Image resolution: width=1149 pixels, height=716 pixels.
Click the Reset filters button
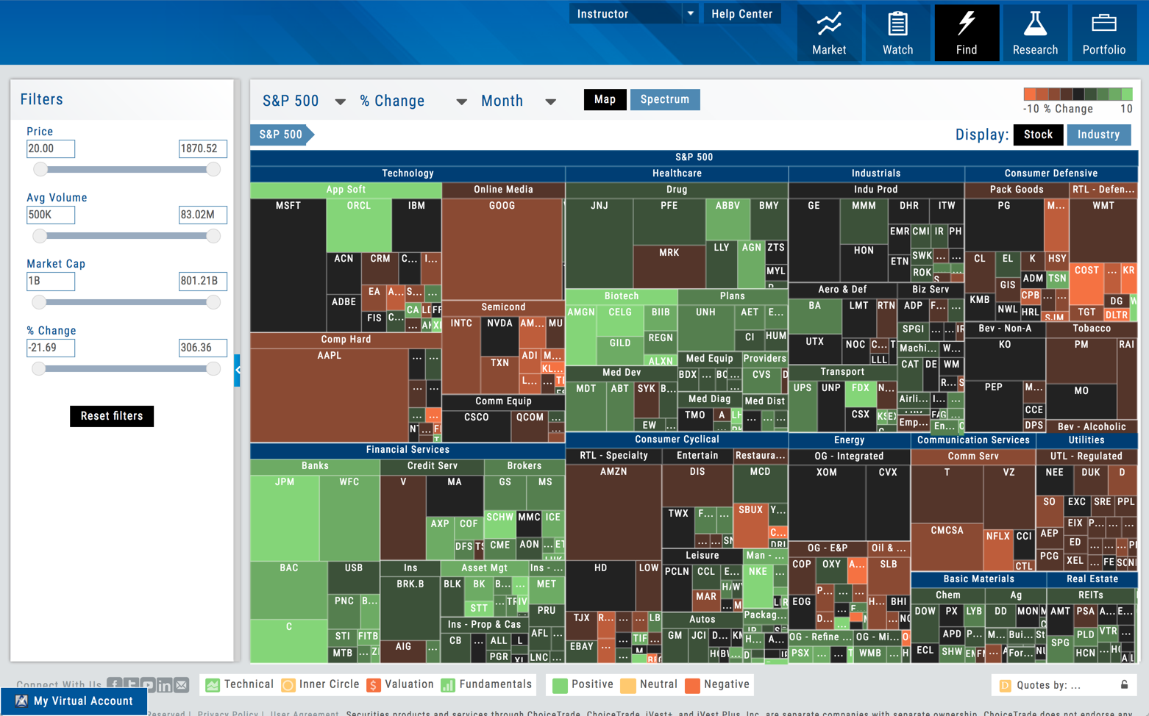(112, 416)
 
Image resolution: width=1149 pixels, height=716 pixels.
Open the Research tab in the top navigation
(1034, 33)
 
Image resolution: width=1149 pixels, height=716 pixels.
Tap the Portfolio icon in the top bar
(1103, 33)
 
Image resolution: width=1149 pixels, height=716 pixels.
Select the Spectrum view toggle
(664, 100)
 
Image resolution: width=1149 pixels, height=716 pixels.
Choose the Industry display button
(1098, 135)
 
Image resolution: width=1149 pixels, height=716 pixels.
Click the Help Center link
(741, 14)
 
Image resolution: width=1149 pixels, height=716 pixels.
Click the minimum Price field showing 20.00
(51, 148)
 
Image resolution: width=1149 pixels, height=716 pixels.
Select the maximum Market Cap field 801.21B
(202, 282)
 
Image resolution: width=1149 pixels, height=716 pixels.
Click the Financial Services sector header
(408, 450)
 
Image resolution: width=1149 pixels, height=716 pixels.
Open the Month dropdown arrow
(550, 101)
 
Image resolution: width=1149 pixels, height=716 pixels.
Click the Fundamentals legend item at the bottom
(487, 684)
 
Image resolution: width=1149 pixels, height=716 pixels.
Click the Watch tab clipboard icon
(897, 25)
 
